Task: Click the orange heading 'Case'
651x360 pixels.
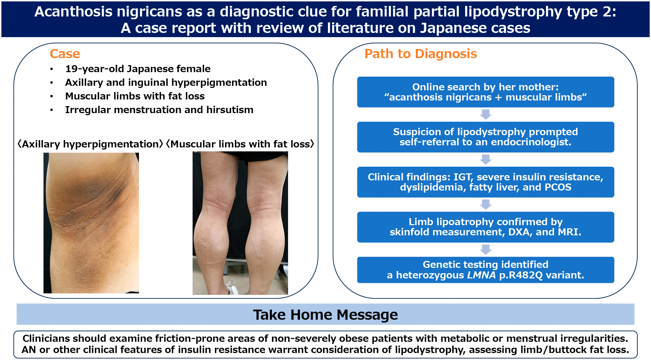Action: [x=65, y=54]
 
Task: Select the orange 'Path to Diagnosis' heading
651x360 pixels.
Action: [x=421, y=54]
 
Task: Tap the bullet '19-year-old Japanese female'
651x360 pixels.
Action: [x=138, y=69]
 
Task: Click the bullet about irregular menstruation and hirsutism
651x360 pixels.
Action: [x=159, y=110]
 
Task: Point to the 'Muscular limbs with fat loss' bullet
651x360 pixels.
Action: [x=135, y=96]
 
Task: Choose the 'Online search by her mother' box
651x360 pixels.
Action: [x=485, y=92]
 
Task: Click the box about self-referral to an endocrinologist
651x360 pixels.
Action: [x=485, y=137]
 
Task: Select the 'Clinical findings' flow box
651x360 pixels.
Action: [x=485, y=182]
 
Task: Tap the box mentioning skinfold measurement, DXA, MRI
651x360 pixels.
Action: [x=485, y=227]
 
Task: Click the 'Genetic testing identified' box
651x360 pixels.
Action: [x=485, y=270]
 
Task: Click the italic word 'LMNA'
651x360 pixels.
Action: [x=481, y=275]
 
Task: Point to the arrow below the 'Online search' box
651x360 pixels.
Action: [x=486, y=114]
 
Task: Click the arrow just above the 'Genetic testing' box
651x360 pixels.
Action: [x=486, y=249]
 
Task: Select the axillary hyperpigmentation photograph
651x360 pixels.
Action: [x=91, y=223]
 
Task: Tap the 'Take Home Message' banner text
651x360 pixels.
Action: [x=325, y=315]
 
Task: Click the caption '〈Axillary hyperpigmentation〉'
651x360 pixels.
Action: [x=90, y=144]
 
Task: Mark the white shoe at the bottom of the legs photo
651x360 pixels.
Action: [x=232, y=287]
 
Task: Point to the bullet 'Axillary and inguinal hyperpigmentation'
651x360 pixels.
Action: [x=166, y=83]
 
